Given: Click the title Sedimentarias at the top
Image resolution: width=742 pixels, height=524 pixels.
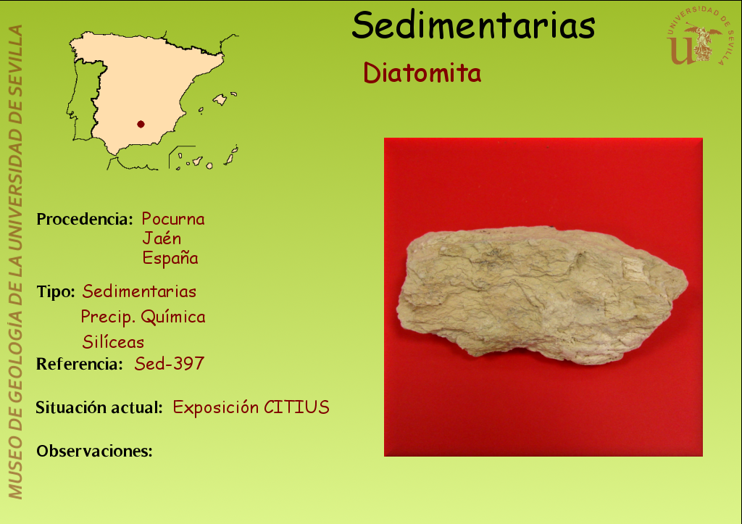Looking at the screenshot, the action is (473, 25).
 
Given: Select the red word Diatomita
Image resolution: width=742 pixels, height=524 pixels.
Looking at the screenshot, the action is (422, 73).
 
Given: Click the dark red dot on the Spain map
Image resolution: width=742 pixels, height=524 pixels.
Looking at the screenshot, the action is (141, 124).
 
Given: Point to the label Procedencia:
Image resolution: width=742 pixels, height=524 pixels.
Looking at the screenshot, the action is (85, 219).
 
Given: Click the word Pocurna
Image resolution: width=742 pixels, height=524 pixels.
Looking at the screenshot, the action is (173, 219).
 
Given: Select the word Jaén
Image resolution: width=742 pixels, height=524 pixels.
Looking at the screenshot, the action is (162, 238).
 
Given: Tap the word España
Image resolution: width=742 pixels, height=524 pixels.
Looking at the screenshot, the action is (170, 258).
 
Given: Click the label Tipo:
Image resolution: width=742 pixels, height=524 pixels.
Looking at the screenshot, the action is (56, 291).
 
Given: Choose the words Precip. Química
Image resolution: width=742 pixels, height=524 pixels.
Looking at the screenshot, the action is (143, 317).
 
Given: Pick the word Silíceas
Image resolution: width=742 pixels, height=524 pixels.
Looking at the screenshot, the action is (113, 342).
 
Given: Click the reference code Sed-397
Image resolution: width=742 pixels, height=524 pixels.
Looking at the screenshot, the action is (170, 364).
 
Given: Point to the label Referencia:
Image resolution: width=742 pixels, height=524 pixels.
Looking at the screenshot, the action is (80, 364).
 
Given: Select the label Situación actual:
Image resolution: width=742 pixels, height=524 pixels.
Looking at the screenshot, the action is (99, 407).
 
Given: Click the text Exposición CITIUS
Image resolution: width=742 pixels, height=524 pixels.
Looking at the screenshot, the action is (251, 407).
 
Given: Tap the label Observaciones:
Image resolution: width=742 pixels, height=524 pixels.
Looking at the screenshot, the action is (95, 451).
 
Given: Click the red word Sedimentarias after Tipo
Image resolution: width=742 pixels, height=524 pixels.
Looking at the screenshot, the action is (139, 291).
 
